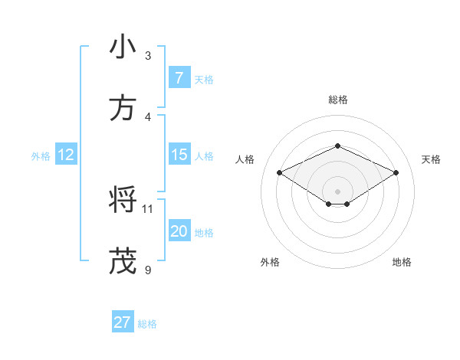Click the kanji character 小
pyautogui.click(x=123, y=47)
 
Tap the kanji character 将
pyautogui.click(x=123, y=201)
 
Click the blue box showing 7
pyautogui.click(x=179, y=77)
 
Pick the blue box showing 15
pyautogui.click(x=179, y=155)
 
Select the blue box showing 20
pyautogui.click(x=179, y=231)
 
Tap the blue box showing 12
pyautogui.click(x=65, y=155)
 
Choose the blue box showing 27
pyautogui.click(x=123, y=322)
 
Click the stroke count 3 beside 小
pyautogui.click(x=148, y=55)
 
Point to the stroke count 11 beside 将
pyautogui.click(x=148, y=208)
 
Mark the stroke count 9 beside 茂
pyautogui.click(x=148, y=270)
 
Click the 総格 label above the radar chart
pyautogui.click(x=338, y=100)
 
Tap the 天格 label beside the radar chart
pyautogui.click(x=431, y=159)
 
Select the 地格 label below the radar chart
pyautogui.click(x=402, y=262)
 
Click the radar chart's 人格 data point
pyautogui.click(x=279, y=172)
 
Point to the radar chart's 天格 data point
pyautogui.click(x=396, y=172)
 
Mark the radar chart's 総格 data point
pyautogui.click(x=337, y=146)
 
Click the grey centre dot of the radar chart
pyautogui.click(x=337, y=191)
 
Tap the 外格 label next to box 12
pyautogui.click(x=41, y=155)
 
